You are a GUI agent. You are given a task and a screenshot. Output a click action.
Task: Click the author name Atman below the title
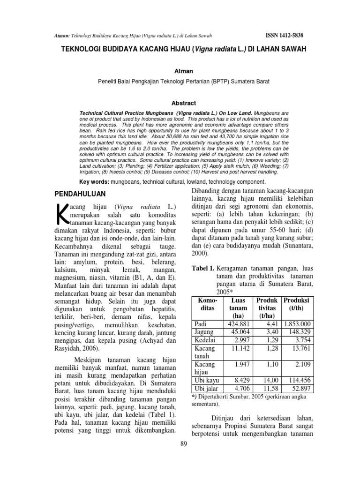[180, 73]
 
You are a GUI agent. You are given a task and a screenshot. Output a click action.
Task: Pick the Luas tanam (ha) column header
[238, 308]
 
